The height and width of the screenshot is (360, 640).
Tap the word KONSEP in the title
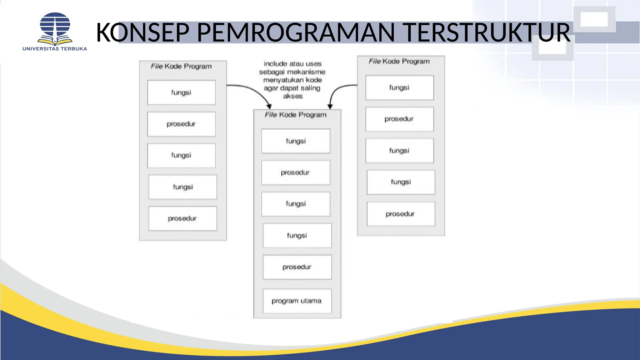point(143,32)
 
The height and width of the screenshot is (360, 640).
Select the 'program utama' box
point(297,301)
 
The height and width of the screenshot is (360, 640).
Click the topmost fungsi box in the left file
point(181,92)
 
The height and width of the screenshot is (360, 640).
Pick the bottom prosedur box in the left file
point(182,218)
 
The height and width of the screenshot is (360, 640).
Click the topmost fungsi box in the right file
point(399,87)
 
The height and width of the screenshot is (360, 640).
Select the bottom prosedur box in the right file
point(401,214)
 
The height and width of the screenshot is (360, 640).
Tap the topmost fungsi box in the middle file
point(296,141)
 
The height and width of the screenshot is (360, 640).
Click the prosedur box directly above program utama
point(297,267)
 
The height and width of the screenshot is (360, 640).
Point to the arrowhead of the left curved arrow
point(269,106)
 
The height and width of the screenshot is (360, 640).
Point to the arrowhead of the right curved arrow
point(330,106)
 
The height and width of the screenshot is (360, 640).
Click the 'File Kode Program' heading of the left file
point(181,66)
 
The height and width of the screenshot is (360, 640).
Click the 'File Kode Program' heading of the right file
point(399,61)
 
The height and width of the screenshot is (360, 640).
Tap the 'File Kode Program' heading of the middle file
point(295,115)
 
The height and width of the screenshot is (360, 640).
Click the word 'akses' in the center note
point(293,96)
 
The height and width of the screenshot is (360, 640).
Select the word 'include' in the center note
point(275,64)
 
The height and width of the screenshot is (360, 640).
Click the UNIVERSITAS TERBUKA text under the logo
point(55,49)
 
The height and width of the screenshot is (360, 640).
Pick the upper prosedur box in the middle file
point(295,172)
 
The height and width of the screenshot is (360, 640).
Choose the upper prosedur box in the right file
point(399,119)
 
